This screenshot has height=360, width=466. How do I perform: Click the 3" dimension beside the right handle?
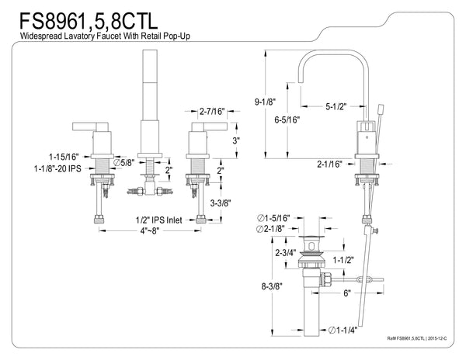click(236, 141)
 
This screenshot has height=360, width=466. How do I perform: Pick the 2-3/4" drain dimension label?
click(287, 251)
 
